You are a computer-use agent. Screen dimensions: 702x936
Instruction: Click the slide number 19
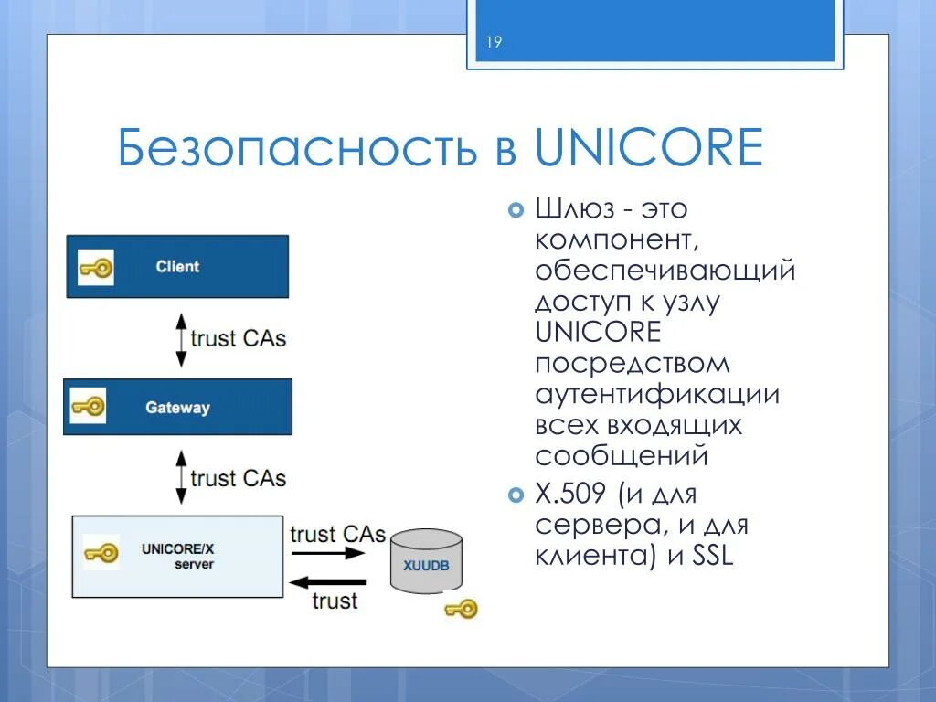pos(494,43)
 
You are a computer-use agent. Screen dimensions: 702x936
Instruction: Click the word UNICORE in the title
pos(649,149)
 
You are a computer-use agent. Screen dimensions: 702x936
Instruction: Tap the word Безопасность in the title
pos(300,149)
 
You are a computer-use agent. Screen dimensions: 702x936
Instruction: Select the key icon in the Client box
pos(95,267)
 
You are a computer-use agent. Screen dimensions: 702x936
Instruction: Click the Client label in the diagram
pos(177,267)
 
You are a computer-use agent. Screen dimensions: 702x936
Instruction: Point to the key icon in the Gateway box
pos(88,407)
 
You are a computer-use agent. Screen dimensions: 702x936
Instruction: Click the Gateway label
pos(177,408)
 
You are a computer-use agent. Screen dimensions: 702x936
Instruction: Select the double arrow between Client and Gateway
pos(181,339)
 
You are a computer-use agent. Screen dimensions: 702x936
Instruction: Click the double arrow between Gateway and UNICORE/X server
pos(181,478)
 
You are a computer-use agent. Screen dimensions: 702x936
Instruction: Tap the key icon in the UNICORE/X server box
pos(101,552)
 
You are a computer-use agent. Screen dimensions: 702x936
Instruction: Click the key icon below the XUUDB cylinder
pos(460,609)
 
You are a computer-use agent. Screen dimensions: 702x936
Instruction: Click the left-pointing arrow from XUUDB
pos(327,581)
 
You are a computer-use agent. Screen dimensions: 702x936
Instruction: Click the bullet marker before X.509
pos(513,495)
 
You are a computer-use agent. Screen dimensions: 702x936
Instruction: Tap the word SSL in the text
pos(713,555)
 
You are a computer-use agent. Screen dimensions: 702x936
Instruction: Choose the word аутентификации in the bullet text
pos(656,394)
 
